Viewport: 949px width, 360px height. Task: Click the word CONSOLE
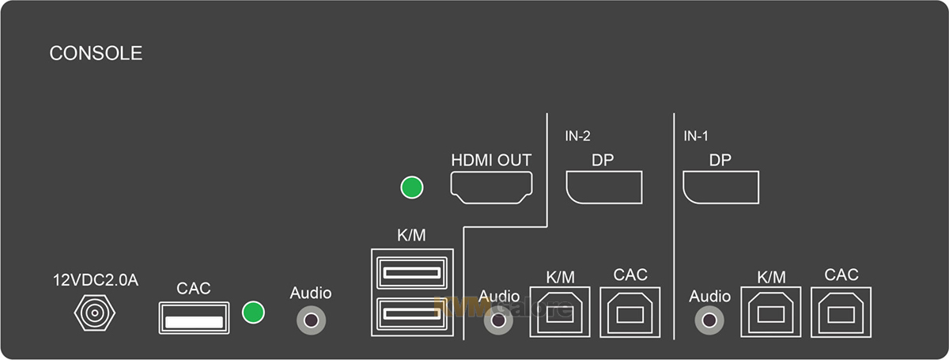[x=96, y=54]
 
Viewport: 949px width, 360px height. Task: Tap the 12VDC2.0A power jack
[x=94, y=315]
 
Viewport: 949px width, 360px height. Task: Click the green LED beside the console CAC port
[x=253, y=312]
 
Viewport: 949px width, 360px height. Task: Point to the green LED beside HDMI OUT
[x=412, y=188]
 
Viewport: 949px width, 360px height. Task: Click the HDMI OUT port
[x=491, y=188]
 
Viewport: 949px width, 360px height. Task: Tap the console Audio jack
[x=311, y=320]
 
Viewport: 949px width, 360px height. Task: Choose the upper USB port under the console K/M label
[x=411, y=275]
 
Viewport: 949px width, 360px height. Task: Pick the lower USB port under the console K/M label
[x=411, y=313]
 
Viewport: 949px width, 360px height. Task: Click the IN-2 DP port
[x=603, y=188]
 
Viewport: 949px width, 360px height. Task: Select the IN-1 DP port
[x=720, y=188]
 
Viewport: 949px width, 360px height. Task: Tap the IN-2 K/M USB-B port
[x=560, y=311]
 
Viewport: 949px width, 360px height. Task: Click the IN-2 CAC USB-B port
[x=630, y=311]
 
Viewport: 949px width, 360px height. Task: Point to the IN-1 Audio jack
[x=709, y=320]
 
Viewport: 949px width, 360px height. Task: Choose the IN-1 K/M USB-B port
[x=771, y=311]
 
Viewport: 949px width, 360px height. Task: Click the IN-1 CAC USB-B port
[x=841, y=311]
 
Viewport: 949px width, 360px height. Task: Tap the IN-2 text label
[x=577, y=136]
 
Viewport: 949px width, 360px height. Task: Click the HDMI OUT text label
[x=491, y=160]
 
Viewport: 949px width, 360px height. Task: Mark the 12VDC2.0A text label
[x=96, y=280]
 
